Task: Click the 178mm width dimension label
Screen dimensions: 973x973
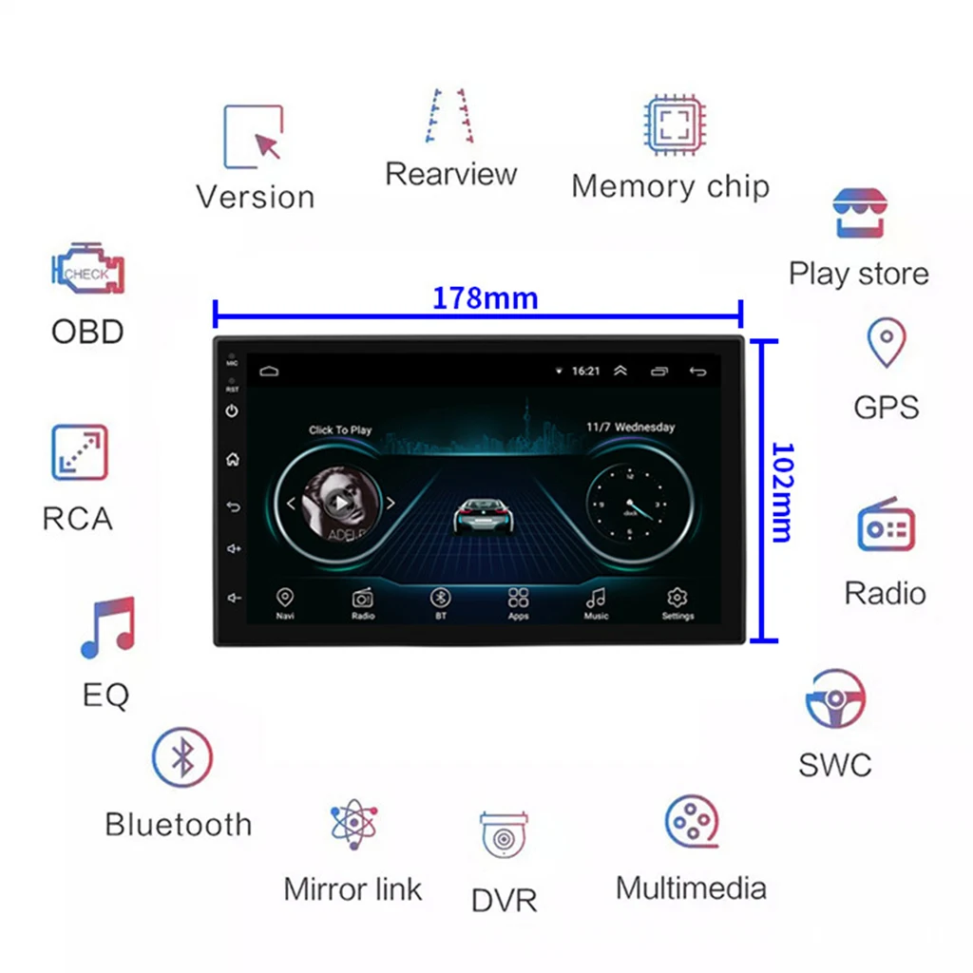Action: click(x=486, y=298)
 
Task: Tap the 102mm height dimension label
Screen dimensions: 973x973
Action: click(x=781, y=491)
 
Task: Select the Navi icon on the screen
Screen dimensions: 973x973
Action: click(x=284, y=598)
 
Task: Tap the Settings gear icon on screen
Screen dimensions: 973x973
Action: click(x=677, y=598)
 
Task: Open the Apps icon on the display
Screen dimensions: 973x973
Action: click(x=518, y=598)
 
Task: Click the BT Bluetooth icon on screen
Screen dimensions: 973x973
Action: click(x=440, y=598)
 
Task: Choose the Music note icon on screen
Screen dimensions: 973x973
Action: click(x=596, y=598)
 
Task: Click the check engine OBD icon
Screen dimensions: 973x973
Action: click(x=87, y=270)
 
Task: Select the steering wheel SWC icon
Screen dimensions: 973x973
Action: click(x=835, y=700)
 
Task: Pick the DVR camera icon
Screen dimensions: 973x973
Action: click(x=504, y=836)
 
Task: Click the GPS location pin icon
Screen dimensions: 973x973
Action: click(x=886, y=342)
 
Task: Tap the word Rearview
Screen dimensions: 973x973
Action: click(x=450, y=175)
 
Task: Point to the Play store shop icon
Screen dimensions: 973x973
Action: click(x=859, y=214)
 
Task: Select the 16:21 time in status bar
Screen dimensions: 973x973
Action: click(x=585, y=371)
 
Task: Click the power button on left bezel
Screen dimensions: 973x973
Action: click(x=232, y=411)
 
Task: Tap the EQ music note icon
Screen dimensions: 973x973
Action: click(x=107, y=628)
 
